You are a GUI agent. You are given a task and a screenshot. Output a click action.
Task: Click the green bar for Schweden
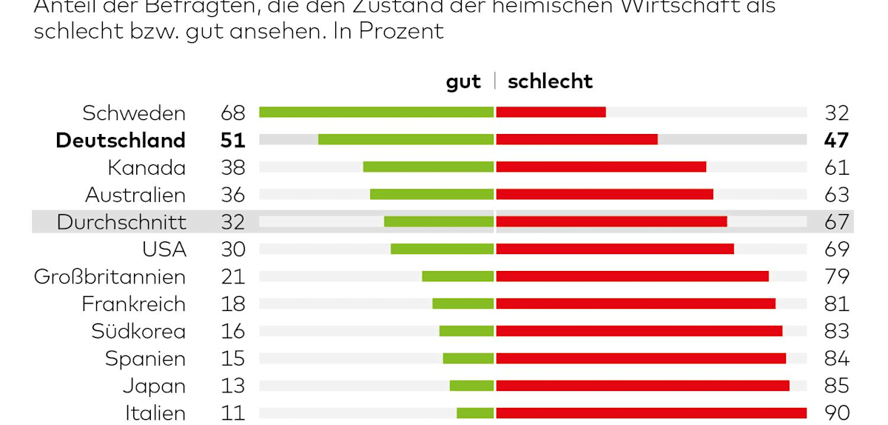point(376,112)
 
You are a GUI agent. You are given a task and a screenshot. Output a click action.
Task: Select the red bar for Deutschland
point(576,139)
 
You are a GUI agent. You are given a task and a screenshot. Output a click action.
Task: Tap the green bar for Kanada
point(428,167)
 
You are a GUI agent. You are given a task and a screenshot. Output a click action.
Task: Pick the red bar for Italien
point(651,412)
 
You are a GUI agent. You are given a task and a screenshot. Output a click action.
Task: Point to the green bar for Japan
point(471,385)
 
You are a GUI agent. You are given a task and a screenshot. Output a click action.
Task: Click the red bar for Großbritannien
point(632,276)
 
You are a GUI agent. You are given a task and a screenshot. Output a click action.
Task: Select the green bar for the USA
point(442,249)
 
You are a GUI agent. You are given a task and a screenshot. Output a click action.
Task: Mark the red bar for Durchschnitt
point(611,221)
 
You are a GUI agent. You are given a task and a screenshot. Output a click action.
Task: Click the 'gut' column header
point(463,81)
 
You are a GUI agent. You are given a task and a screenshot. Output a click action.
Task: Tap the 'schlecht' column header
point(550,81)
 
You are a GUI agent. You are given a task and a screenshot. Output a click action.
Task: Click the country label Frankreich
point(133,304)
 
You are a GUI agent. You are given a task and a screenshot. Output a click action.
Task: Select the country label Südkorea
point(138,331)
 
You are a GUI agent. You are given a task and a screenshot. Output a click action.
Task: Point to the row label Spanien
point(145,358)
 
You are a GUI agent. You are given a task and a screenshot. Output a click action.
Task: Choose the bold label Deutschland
point(121,140)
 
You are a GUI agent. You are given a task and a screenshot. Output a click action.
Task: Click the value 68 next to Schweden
point(233,113)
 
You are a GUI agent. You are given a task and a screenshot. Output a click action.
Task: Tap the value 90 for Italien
point(837,412)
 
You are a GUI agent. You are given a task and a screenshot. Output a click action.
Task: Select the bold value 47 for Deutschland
point(837,140)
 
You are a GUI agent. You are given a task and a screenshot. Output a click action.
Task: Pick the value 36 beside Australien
point(233,195)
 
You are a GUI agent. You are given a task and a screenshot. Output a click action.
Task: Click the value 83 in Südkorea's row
point(837,331)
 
